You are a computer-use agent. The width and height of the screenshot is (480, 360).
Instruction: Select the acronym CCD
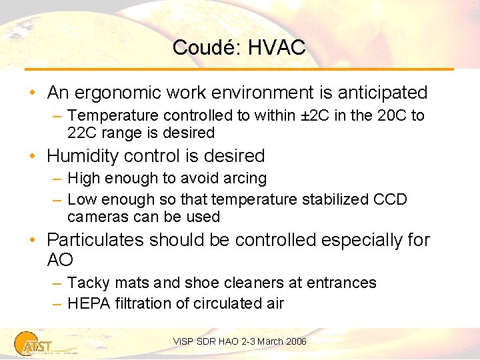(x=390, y=199)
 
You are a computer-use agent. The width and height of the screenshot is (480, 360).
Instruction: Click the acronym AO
(x=60, y=259)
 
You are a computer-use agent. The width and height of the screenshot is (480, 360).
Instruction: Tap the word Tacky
(x=88, y=283)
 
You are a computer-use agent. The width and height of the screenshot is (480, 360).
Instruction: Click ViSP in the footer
(x=182, y=341)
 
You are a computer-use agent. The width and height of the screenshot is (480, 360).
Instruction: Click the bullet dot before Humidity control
(x=37, y=156)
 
